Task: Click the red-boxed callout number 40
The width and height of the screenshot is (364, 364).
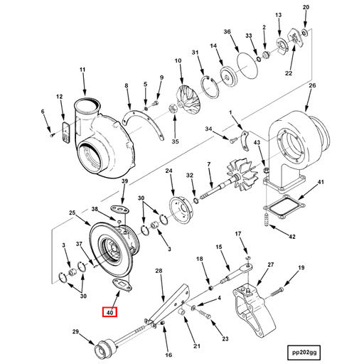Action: tap(109, 311)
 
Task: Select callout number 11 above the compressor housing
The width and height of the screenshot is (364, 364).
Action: tap(82, 69)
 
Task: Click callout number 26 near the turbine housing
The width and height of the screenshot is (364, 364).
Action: tap(311, 87)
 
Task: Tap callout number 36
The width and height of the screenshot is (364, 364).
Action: tap(227, 32)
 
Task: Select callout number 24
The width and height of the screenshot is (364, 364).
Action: tap(169, 171)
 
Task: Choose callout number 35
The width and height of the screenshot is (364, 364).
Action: tap(175, 141)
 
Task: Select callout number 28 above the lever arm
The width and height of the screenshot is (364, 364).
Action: tap(159, 270)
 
